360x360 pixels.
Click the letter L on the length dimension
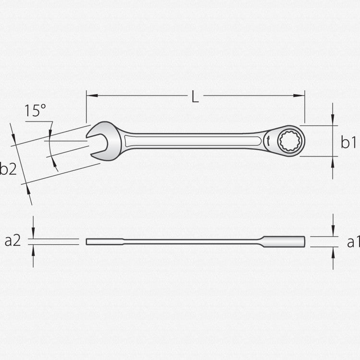click(194, 96)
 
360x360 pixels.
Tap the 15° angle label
click(36, 111)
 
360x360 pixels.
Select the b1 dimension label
click(348, 142)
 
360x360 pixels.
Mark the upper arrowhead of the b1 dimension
click(333, 122)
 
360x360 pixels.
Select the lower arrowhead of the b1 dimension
click(333, 160)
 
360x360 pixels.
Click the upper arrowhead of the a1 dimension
click(333, 233)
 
